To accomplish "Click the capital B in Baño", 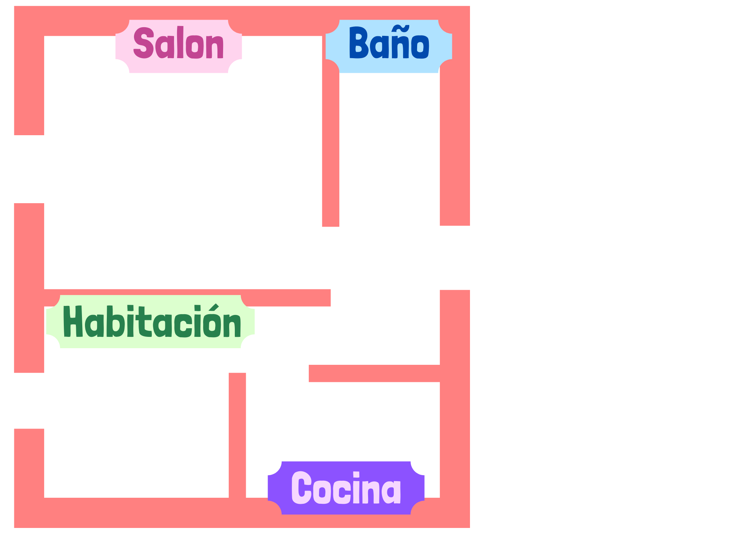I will click(x=358, y=43).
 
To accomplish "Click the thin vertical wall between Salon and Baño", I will click(x=331, y=151).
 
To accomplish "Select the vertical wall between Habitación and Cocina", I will click(x=237, y=434).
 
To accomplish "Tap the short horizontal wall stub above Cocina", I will click(x=374, y=373).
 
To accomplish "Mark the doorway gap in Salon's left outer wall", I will click(x=29, y=169).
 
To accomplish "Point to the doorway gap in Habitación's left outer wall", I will click(x=29, y=400).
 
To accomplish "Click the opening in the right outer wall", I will click(x=455, y=258).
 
